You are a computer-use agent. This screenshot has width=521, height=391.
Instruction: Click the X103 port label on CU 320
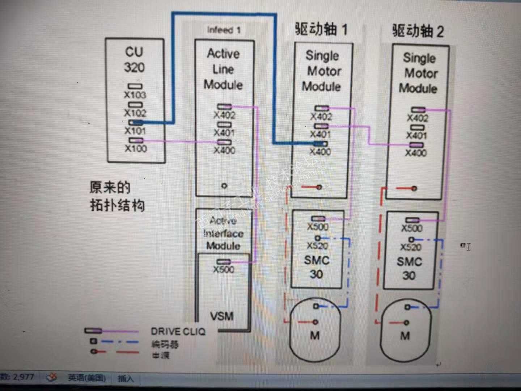[135, 95]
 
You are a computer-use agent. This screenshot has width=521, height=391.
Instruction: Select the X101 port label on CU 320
[135, 131]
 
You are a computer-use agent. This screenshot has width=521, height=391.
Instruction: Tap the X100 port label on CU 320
[136, 148]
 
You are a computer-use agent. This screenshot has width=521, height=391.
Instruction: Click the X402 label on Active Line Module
[224, 115]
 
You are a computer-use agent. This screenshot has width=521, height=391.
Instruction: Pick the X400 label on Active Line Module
[224, 150]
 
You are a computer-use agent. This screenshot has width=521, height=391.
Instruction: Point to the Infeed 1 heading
[224, 30]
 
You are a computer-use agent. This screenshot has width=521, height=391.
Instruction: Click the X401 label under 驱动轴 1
[321, 134]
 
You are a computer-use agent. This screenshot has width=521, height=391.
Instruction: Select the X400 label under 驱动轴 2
[416, 153]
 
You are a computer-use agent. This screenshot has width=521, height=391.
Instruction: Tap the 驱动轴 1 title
[321, 29]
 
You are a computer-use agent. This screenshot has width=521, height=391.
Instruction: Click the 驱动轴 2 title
[418, 31]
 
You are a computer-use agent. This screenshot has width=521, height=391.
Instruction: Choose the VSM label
[222, 316]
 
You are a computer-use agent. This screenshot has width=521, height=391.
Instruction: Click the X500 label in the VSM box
[224, 269]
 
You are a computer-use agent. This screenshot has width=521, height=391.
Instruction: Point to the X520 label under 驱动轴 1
[317, 246]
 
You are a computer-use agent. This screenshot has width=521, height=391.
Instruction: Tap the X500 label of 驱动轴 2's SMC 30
[412, 228]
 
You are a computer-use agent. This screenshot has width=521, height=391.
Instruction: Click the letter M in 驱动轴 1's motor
[315, 336]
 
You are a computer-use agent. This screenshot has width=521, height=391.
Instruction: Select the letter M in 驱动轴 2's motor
[405, 336]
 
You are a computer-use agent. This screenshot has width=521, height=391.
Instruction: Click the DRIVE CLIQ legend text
[178, 331]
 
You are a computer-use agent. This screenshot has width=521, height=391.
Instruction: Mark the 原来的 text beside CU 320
[110, 188]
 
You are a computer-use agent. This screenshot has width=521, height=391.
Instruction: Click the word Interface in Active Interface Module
[223, 234]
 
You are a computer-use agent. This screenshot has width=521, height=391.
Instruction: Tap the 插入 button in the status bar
[126, 379]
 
